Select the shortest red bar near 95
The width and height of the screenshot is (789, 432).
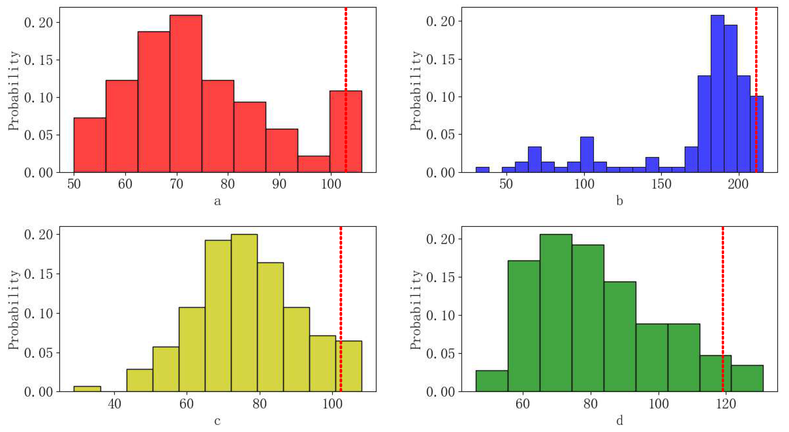pyautogui.click(x=314, y=164)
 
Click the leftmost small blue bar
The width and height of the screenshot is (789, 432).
pyautogui.click(x=482, y=170)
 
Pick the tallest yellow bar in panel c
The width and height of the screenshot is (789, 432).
pyautogui.click(x=244, y=313)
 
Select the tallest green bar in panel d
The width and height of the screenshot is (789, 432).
pyautogui.click(x=556, y=313)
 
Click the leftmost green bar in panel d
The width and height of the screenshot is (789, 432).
pyautogui.click(x=492, y=381)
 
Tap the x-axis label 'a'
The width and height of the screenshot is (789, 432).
pyautogui.click(x=217, y=201)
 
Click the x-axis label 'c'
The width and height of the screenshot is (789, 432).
pyautogui.click(x=217, y=421)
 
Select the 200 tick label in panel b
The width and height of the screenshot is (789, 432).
pyautogui.click(x=738, y=184)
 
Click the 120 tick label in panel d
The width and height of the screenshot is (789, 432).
pyautogui.click(x=726, y=403)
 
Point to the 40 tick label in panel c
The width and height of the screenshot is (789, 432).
pyautogui.click(x=114, y=403)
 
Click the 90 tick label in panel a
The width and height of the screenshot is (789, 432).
pyautogui.click(x=279, y=184)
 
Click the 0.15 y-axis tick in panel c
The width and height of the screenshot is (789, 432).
pyautogui.click(x=38, y=274)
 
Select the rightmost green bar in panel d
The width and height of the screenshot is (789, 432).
pyautogui.click(x=747, y=378)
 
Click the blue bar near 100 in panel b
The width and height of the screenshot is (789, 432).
pyautogui.click(x=587, y=155)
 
